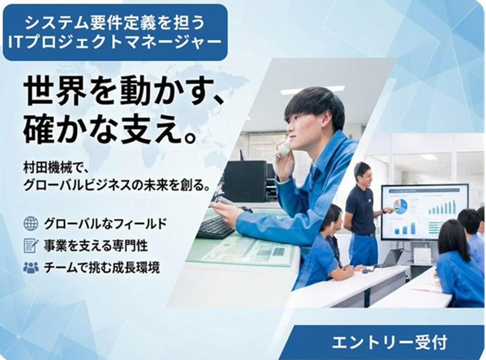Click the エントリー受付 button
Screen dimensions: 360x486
tap(389, 341)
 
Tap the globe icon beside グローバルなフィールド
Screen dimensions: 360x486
tap(30, 223)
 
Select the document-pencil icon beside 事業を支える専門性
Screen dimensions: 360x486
tap(30, 245)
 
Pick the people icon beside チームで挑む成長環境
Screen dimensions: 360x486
tap(30, 267)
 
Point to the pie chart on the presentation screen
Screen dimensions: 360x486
tap(400, 206)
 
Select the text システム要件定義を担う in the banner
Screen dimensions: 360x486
tap(115, 22)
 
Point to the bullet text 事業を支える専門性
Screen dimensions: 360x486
tap(95, 245)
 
